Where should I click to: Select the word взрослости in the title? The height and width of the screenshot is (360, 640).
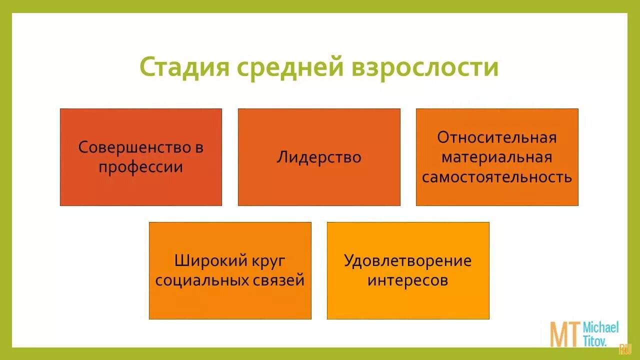pos(425,67)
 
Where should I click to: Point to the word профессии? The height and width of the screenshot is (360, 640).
pos(140,167)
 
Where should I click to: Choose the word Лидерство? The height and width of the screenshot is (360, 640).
pos(319,157)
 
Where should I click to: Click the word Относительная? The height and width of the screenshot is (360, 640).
pos(496,137)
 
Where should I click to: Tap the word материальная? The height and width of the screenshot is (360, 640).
pos(496,157)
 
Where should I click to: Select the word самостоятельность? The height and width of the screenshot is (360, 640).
pos(496,177)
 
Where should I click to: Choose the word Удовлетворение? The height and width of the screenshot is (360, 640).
pos(407,261)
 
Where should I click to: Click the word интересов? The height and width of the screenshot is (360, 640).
pos(407,280)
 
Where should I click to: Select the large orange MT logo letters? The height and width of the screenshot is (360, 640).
pos(565,334)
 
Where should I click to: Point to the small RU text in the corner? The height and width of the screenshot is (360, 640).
pos(624,349)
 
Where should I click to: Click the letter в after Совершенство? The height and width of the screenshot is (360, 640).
pos(199,148)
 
